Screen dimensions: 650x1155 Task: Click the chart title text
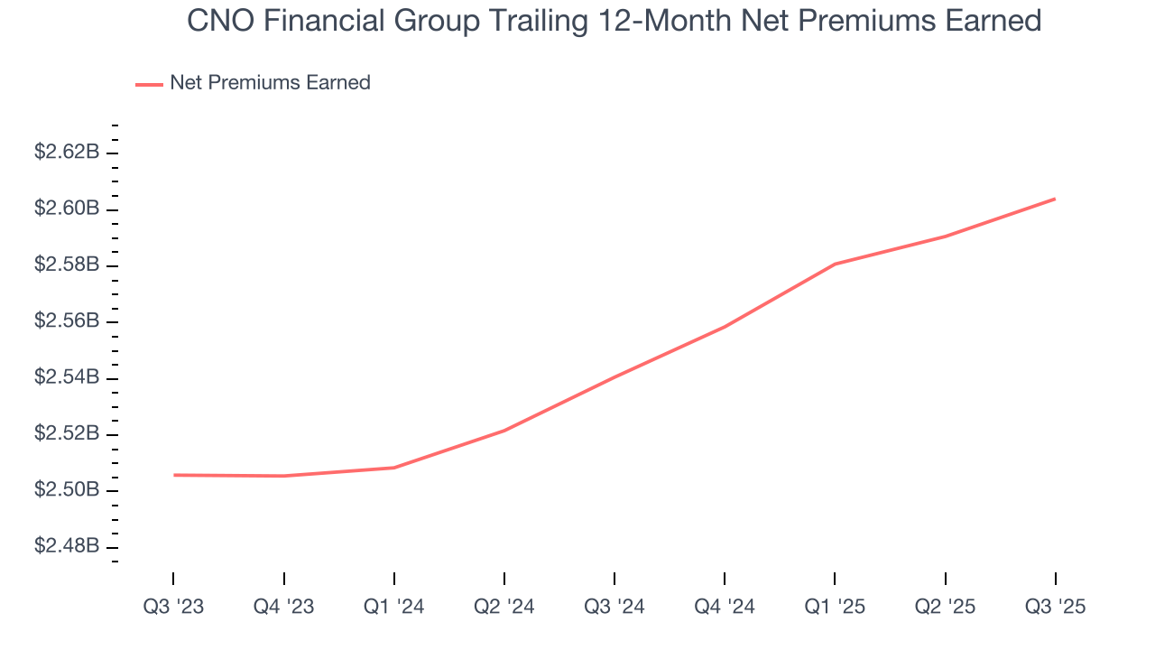point(614,20)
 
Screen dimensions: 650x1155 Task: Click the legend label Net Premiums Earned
point(270,82)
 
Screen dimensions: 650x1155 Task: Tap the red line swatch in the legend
point(149,84)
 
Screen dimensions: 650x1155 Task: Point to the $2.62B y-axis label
point(66,152)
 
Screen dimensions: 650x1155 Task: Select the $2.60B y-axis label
point(66,209)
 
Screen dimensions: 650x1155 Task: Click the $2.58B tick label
point(66,265)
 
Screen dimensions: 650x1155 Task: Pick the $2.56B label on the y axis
point(66,321)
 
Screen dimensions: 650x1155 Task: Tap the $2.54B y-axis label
point(66,377)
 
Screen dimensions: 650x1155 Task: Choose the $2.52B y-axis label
point(66,434)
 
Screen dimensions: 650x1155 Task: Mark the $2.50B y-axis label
point(66,490)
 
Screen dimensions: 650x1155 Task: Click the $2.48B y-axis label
point(66,547)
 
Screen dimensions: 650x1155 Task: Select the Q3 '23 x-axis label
point(173,607)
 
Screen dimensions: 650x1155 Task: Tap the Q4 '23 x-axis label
point(283,607)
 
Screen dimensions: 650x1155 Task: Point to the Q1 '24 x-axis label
point(394,607)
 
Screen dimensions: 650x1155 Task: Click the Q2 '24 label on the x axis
point(504,607)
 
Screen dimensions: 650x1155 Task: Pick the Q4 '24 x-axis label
point(725,607)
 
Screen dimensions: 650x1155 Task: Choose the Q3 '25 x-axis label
point(1055,607)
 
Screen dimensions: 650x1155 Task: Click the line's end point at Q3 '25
point(1055,199)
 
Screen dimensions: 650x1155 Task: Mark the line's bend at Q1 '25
point(835,264)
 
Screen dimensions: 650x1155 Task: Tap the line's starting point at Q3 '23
point(173,475)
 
